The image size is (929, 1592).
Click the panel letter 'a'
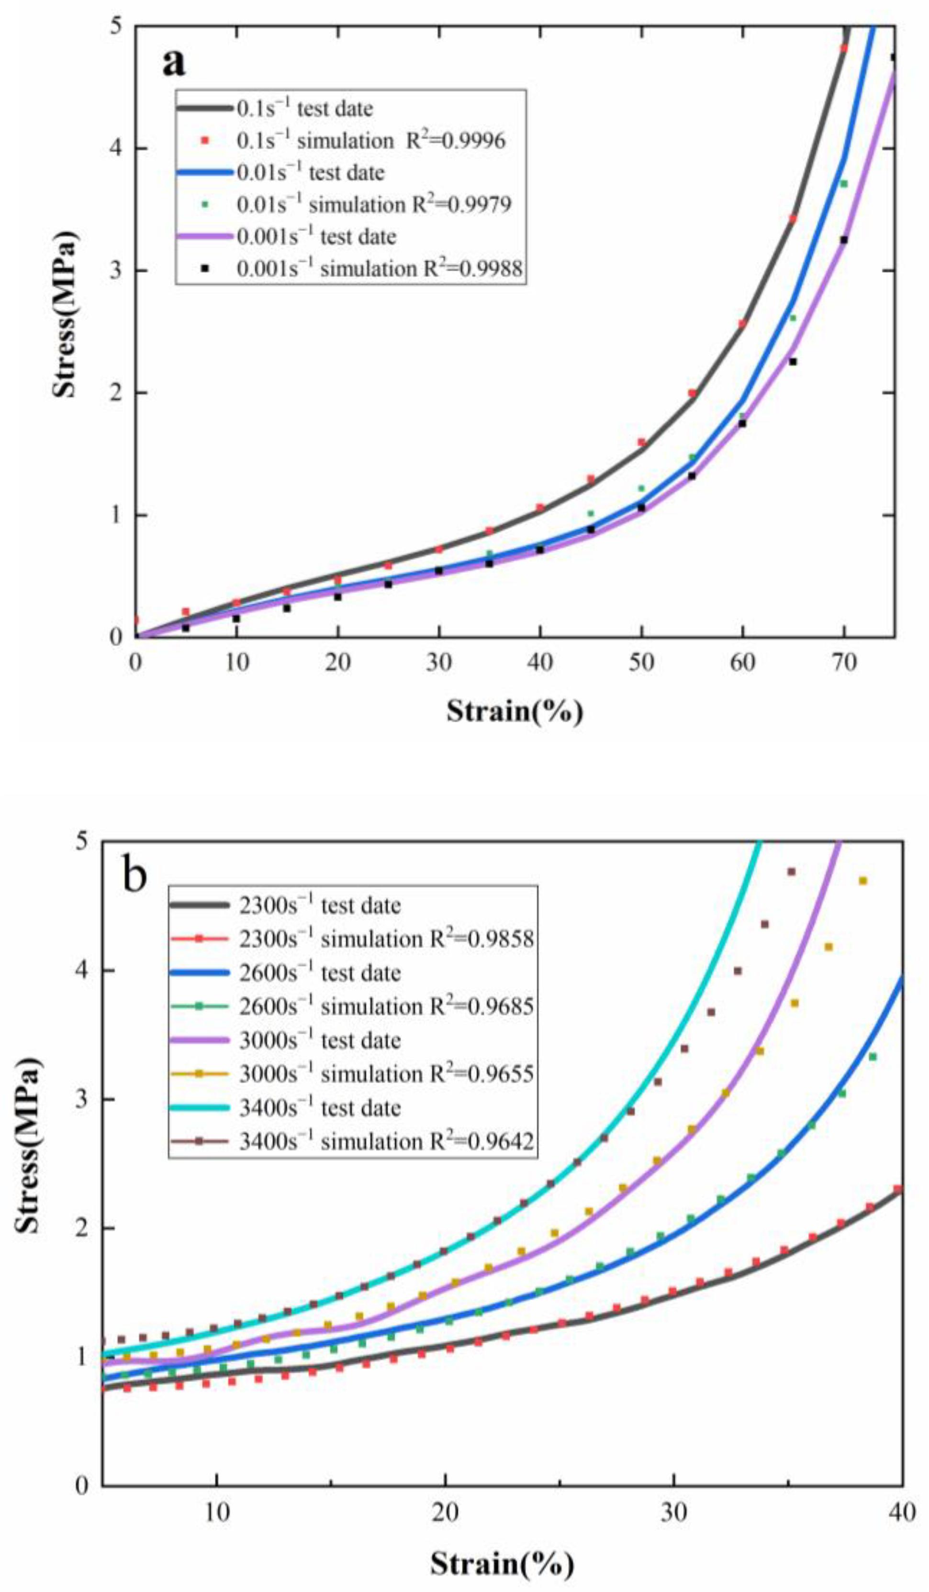(x=174, y=63)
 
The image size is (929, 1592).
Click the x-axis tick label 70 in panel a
(x=844, y=663)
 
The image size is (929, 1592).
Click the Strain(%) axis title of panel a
(x=515, y=712)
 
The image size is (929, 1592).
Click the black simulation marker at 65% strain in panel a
(x=793, y=361)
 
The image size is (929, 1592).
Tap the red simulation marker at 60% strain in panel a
(x=742, y=324)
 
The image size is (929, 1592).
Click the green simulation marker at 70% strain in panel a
(x=843, y=184)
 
